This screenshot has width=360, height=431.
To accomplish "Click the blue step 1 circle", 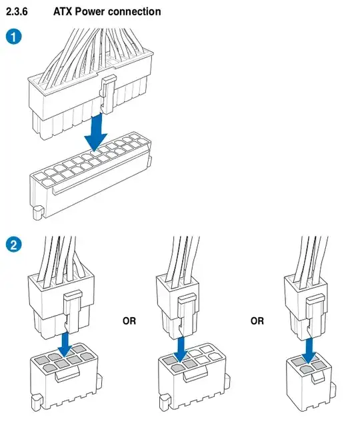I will coord(13,37).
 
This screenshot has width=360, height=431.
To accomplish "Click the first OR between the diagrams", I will coord(129,321).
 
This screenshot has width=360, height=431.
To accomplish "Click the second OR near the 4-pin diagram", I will coord(257,321).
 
